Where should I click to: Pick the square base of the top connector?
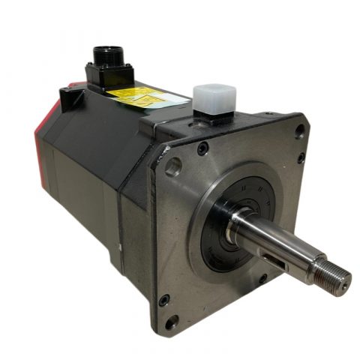coord(111,73)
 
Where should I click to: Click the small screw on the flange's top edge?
coord(202,148)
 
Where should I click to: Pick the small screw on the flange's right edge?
coord(301,158)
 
